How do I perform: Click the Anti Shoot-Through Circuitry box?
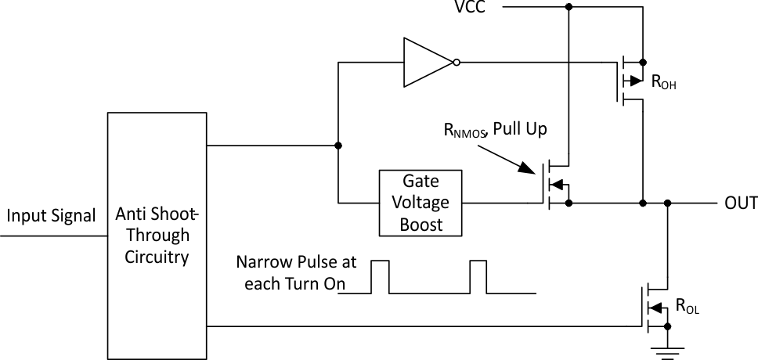157,235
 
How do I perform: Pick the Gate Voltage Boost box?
421,203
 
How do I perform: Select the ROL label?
687,308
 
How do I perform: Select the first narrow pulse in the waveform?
380,276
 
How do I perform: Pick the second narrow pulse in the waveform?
478,276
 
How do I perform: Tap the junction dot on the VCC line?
568,7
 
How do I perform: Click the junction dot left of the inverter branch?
338,146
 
